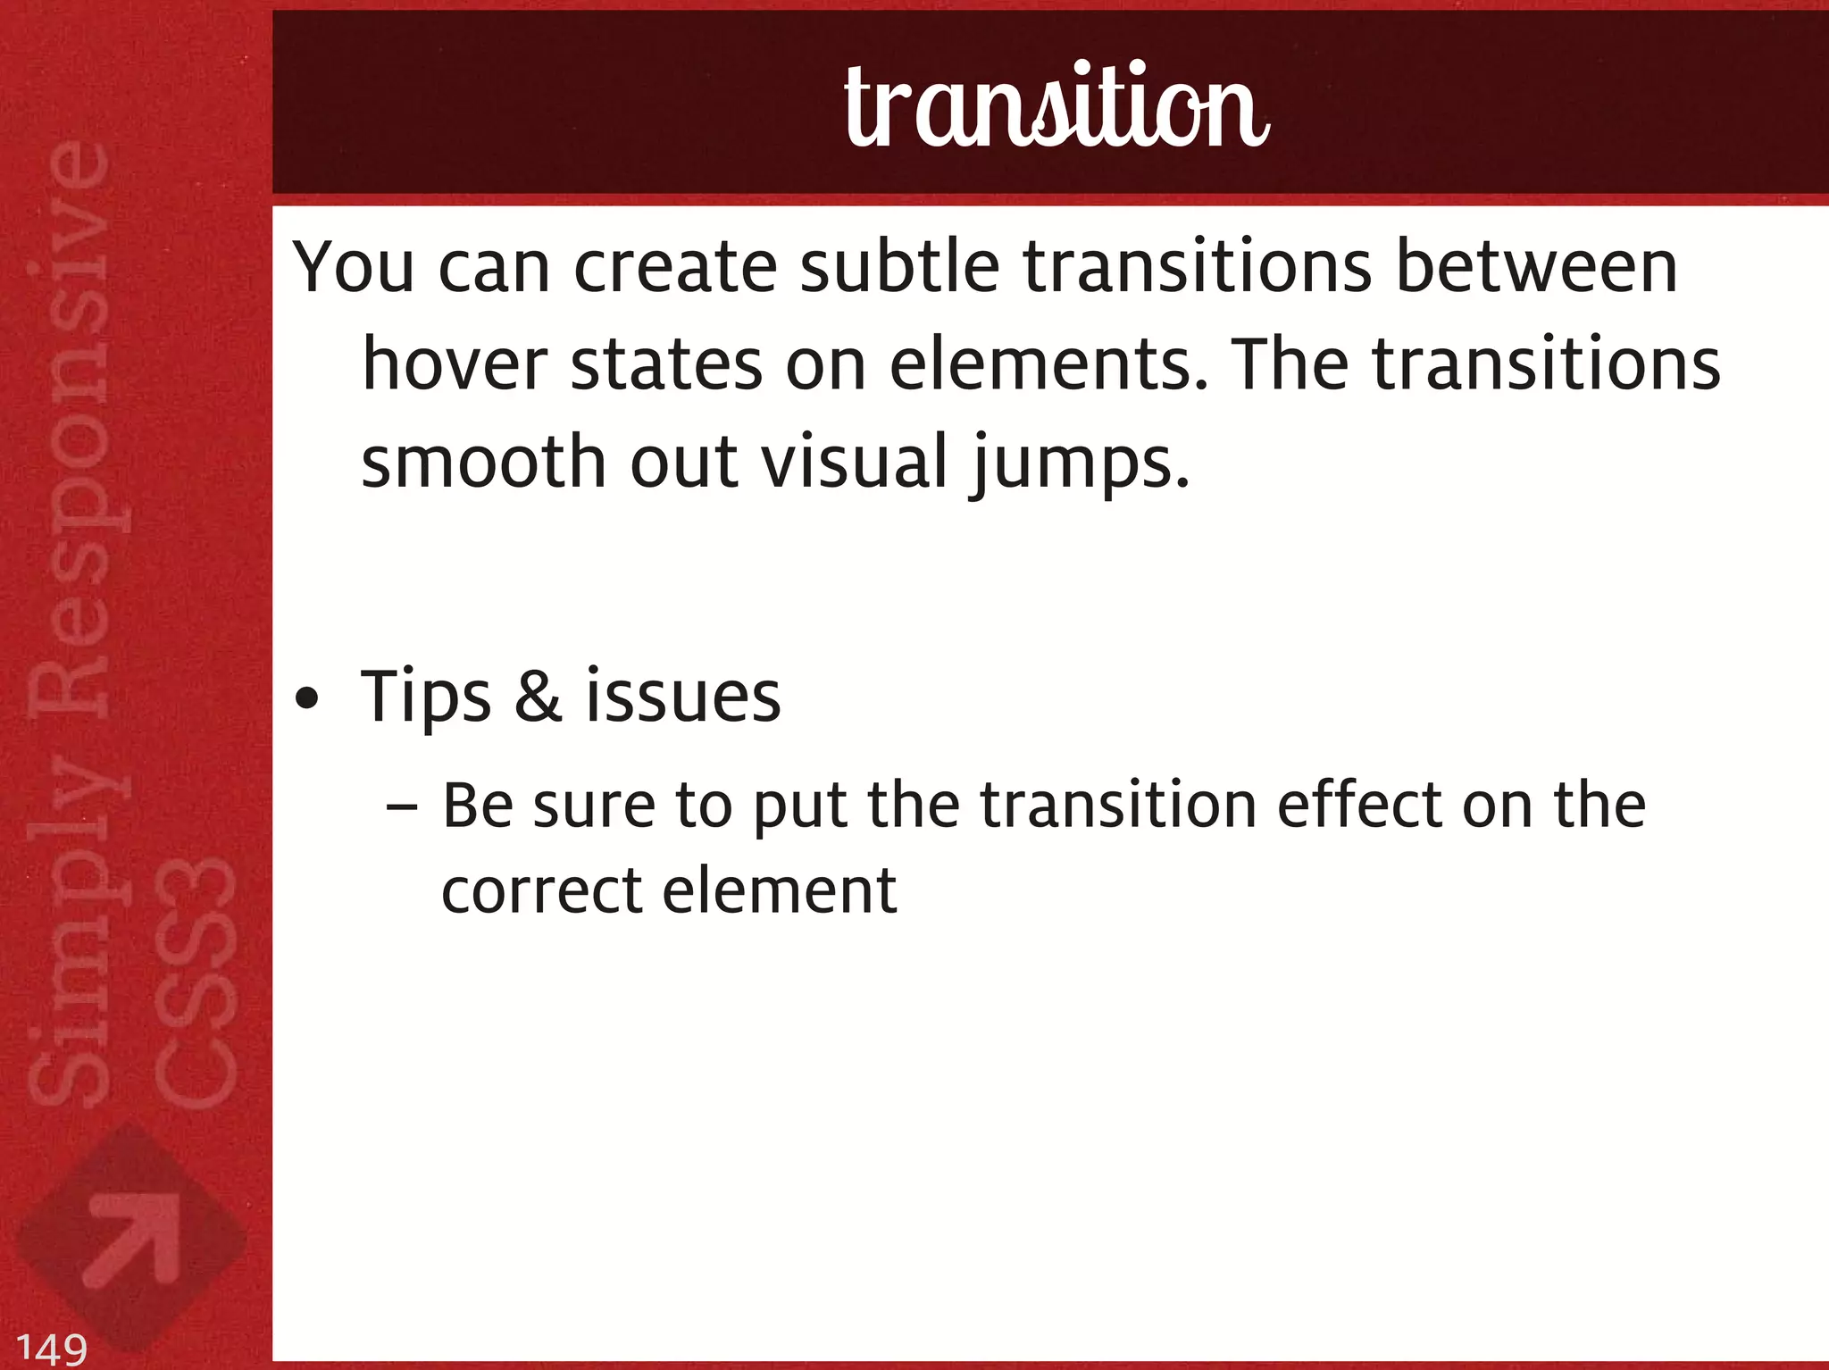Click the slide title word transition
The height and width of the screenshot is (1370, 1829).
coord(1056,107)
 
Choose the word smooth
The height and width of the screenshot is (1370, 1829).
coord(483,462)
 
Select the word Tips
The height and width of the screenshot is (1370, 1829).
coord(425,698)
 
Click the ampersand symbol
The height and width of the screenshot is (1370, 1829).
coord(538,698)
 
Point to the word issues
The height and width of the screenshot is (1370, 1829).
coord(683,698)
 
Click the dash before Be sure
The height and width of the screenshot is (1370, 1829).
coord(402,806)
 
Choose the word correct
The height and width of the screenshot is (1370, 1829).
coord(541,891)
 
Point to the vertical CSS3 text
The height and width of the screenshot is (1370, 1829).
coord(195,982)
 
